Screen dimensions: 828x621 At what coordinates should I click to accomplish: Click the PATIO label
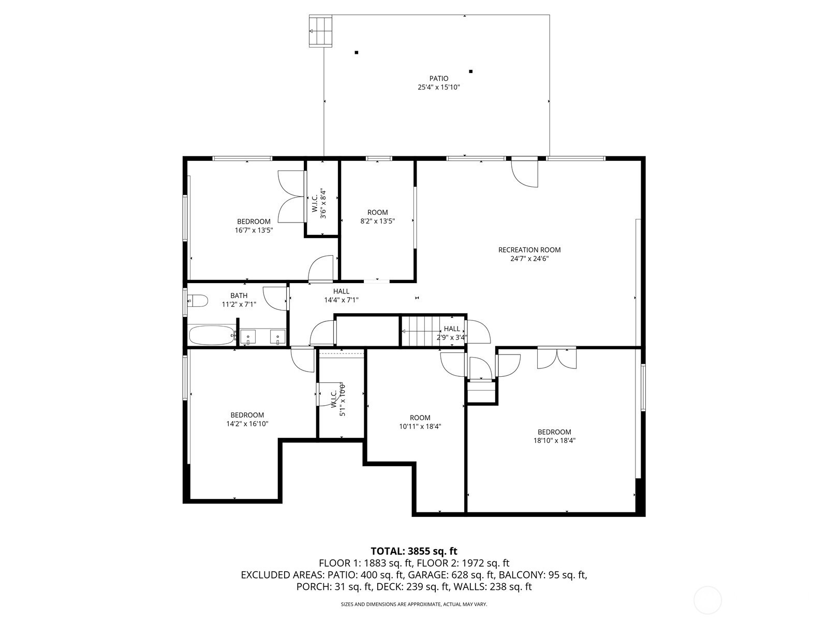[439, 79]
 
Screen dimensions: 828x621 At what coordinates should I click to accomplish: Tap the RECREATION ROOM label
[529, 249]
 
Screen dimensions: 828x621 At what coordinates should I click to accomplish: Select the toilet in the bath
[198, 301]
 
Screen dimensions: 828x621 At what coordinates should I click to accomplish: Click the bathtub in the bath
[212, 335]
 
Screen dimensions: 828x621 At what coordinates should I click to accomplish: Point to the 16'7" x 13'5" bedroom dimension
[254, 230]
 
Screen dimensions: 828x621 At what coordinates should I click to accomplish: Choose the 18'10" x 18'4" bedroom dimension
[554, 440]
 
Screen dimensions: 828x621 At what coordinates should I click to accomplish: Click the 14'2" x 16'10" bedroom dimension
[247, 423]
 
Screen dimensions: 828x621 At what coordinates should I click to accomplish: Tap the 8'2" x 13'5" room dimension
[378, 221]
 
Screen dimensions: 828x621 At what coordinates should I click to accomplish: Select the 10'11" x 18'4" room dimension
[420, 426]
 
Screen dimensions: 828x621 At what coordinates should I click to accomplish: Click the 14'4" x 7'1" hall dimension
[342, 300]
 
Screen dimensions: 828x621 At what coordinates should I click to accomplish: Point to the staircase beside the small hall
[420, 331]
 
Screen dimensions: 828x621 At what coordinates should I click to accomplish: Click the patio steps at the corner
[320, 31]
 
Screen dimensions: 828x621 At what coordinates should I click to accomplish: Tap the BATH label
[239, 295]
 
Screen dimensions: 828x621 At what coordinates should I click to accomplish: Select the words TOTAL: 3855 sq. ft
[414, 551]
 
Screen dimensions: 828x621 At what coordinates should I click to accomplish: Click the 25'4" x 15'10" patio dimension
[439, 87]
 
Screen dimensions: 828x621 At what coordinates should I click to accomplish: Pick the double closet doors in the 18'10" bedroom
[557, 358]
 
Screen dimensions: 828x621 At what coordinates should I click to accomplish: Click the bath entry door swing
[275, 299]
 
